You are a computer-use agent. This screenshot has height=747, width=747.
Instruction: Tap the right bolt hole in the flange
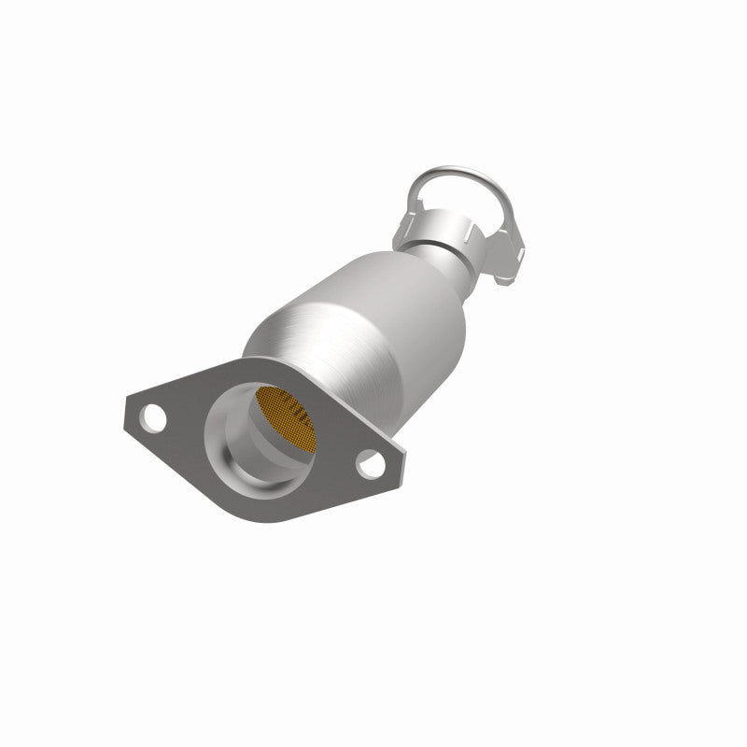[x=370, y=459]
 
